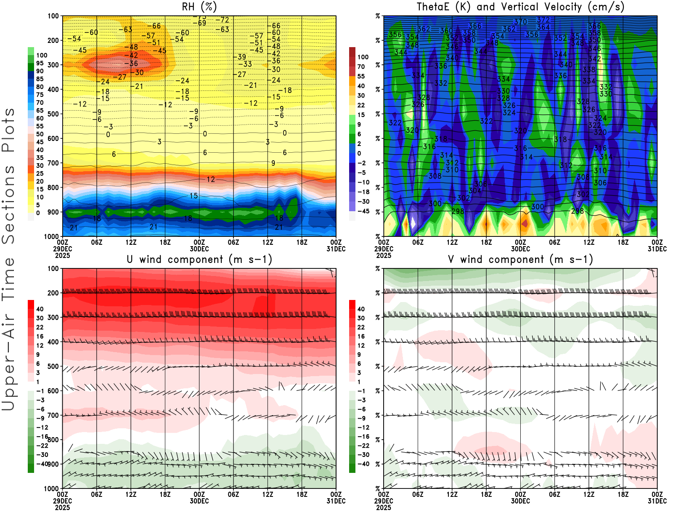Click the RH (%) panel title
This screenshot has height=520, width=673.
point(199,7)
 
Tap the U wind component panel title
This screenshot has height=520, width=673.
point(199,260)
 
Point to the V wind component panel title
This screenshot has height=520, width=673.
point(520,260)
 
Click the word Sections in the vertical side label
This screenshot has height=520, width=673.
point(8,204)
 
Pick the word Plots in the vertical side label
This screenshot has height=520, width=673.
point(8,130)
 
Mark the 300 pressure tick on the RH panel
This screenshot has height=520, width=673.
point(53,65)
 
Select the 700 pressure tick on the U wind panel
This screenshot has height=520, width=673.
point(53,415)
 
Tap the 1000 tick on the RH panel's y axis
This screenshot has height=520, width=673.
point(51,236)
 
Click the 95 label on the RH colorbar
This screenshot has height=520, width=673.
point(40,63)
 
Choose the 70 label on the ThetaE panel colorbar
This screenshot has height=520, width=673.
point(361,66)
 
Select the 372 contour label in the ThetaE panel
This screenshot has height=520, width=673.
point(543,20)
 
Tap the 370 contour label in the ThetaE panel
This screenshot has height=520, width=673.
point(520,22)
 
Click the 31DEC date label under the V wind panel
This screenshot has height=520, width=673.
point(657,501)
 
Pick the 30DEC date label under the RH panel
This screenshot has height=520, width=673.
point(199,249)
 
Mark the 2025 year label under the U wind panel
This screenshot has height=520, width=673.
point(62,507)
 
